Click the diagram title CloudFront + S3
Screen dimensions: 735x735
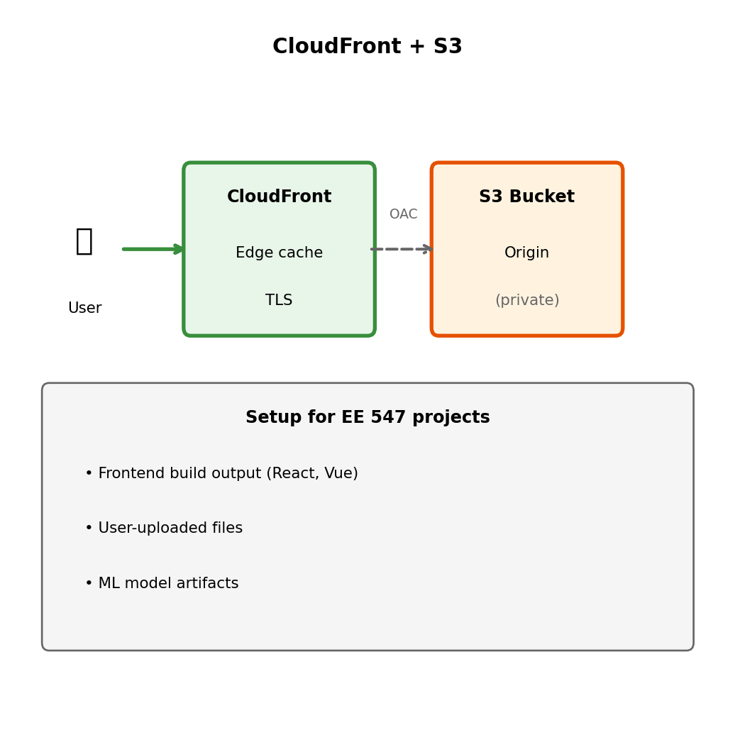367,47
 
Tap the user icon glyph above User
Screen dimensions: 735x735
84,241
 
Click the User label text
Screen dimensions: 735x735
84,309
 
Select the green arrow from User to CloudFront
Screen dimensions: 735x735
153,249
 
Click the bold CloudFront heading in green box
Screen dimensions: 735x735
279,197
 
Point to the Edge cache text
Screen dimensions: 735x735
279,253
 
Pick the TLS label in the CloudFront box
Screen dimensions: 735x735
279,301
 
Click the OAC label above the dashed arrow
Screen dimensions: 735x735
403,214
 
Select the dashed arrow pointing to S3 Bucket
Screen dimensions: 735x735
402,249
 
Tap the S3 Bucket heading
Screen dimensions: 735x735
526,197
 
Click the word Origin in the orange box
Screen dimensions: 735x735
526,253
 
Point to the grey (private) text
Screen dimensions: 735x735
526,301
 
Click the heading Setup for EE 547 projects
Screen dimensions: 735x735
367,418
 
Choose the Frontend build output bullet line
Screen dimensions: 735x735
221,474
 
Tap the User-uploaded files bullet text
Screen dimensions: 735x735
164,529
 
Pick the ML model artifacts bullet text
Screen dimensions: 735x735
162,584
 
